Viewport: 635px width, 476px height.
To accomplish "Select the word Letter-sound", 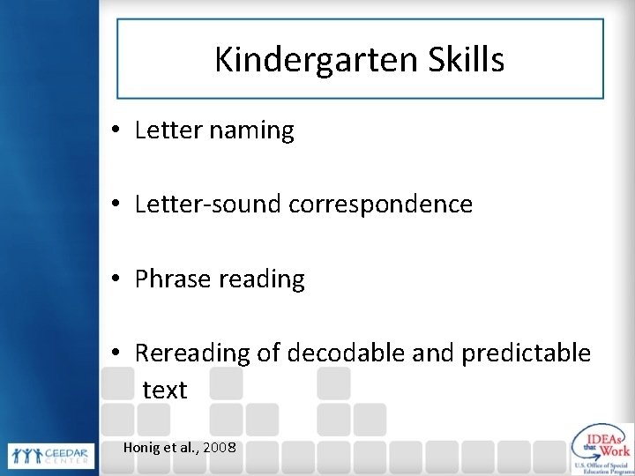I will (206, 205).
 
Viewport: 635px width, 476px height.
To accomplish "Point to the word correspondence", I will (378, 205).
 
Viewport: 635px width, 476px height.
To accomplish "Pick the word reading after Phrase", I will (264, 280).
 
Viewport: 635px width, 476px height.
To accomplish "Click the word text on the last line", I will (165, 390).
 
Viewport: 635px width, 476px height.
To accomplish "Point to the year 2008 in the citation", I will (219, 448).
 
